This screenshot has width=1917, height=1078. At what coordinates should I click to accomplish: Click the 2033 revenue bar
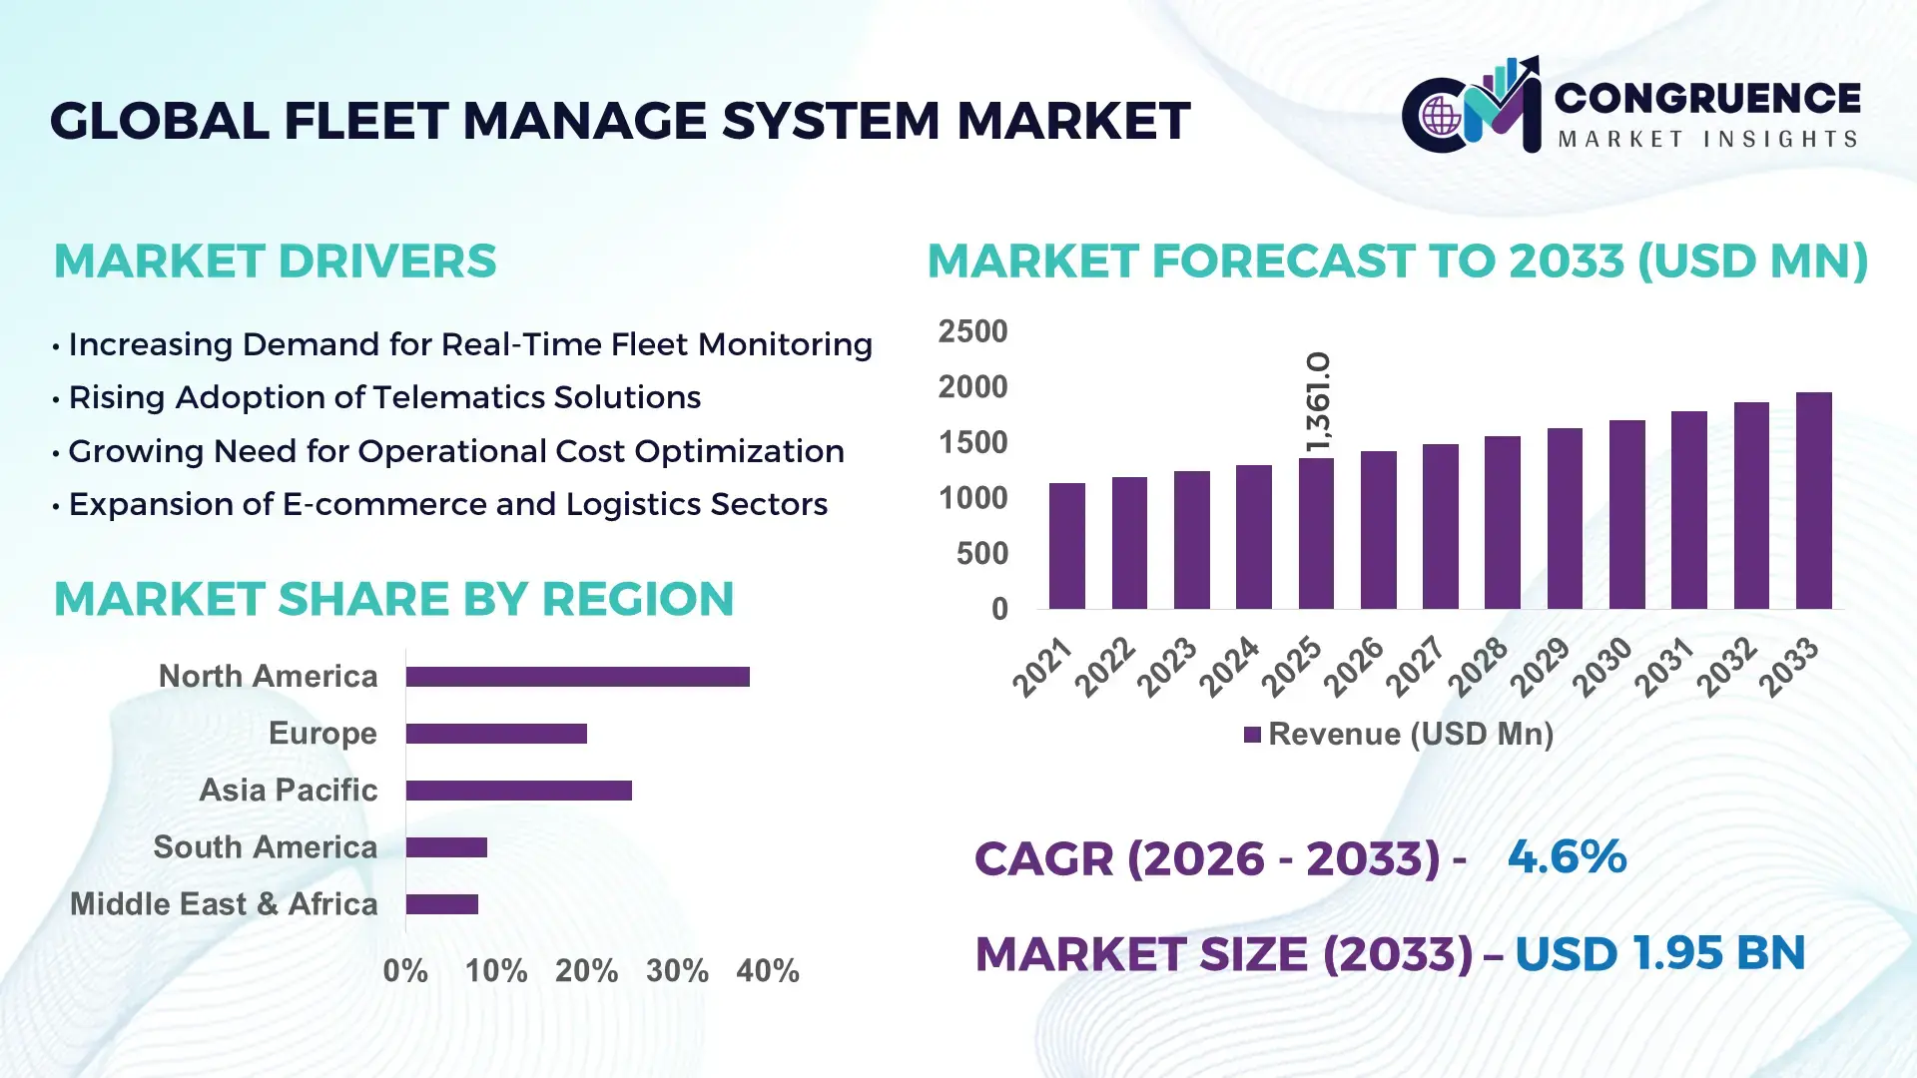(x=1813, y=501)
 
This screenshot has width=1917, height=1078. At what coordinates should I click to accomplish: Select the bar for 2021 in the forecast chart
(x=1066, y=546)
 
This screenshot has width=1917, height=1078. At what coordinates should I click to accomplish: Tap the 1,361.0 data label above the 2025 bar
(x=1318, y=401)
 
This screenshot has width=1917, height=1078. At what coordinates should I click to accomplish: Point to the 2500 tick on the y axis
(x=972, y=331)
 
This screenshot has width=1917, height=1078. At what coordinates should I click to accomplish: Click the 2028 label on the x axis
(x=1479, y=666)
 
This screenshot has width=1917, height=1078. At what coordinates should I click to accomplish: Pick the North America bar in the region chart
(x=577, y=677)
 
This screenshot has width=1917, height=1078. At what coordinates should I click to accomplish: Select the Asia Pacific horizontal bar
(x=518, y=791)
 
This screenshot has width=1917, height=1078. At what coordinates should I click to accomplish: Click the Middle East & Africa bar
(x=441, y=904)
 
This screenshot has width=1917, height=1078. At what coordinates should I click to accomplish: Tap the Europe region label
(x=322, y=734)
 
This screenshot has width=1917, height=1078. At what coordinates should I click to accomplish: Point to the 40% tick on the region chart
(x=767, y=970)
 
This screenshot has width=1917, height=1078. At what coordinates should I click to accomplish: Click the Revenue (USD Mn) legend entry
(x=1399, y=735)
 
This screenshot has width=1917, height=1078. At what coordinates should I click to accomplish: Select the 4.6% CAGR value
(x=1567, y=856)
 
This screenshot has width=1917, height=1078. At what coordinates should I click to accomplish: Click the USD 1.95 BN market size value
(x=1659, y=953)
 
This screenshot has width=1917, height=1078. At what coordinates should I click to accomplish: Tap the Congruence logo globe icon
(x=1441, y=117)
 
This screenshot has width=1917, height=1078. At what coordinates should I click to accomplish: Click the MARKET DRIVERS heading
(x=275, y=262)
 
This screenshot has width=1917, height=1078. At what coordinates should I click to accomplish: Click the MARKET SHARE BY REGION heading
(x=393, y=599)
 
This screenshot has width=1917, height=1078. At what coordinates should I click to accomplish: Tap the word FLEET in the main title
(x=365, y=121)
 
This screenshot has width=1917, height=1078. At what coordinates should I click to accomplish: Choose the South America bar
(x=446, y=847)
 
